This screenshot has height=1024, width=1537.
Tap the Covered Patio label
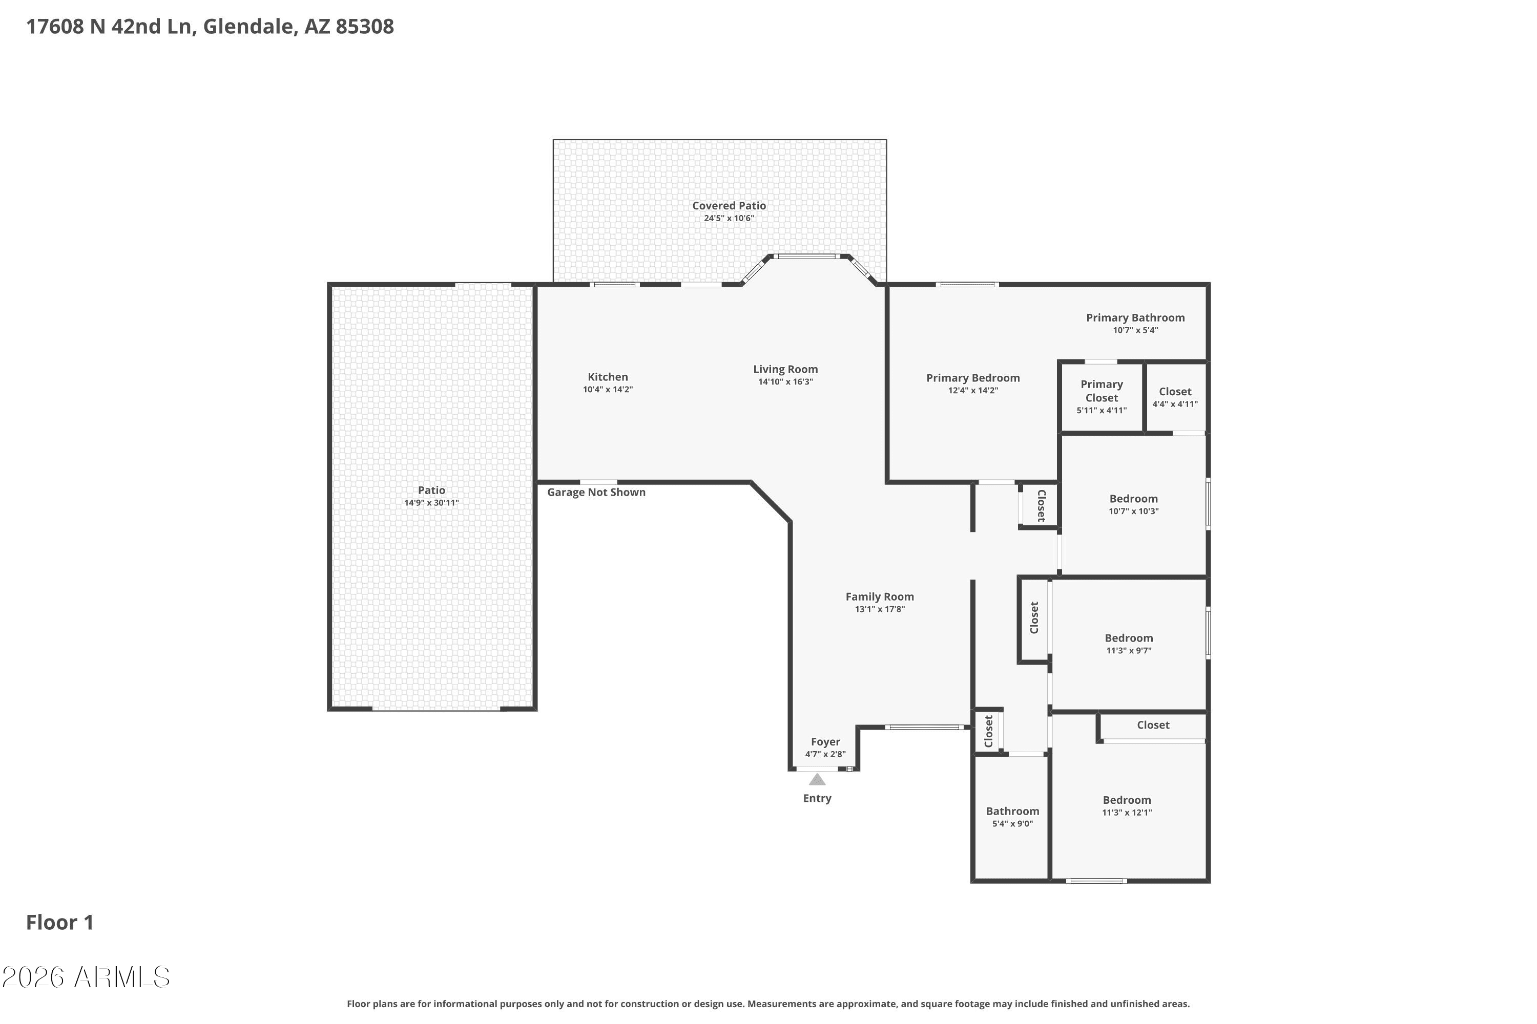[729, 206]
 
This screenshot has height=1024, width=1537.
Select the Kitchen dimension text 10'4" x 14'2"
[608, 390]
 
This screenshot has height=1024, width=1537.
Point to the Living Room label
[785, 370]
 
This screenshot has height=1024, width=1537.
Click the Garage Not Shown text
[596, 493]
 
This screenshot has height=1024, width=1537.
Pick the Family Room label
[880, 597]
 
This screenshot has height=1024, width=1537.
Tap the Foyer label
[825, 742]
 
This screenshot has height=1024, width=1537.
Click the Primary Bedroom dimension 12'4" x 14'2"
[973, 391]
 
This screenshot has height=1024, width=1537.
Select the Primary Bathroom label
[1135, 318]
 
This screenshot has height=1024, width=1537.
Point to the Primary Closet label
[1102, 391]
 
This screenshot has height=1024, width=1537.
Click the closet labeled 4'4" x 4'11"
[1175, 397]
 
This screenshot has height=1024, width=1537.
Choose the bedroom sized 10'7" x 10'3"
[1133, 505]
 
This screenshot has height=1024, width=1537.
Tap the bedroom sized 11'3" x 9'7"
[1129, 644]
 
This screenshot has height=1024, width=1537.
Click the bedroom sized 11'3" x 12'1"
[1127, 806]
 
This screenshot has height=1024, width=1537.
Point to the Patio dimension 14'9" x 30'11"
[431, 503]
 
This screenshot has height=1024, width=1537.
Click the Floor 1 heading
[59, 922]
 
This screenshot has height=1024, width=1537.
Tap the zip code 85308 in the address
[365, 27]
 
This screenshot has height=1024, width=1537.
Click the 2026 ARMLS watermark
[86, 977]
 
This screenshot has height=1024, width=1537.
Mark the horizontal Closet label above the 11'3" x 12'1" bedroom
[1153, 725]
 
